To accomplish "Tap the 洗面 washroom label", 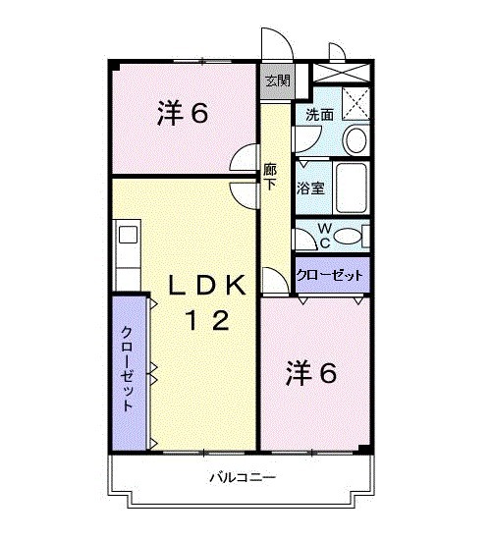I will click(318, 115).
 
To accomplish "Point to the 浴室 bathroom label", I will click(311, 188).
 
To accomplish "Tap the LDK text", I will click(207, 285).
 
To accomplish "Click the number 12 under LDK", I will click(208, 320).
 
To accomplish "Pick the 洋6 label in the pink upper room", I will click(183, 115).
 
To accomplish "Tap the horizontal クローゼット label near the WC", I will click(331, 276).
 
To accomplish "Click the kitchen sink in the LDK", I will click(127, 236).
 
